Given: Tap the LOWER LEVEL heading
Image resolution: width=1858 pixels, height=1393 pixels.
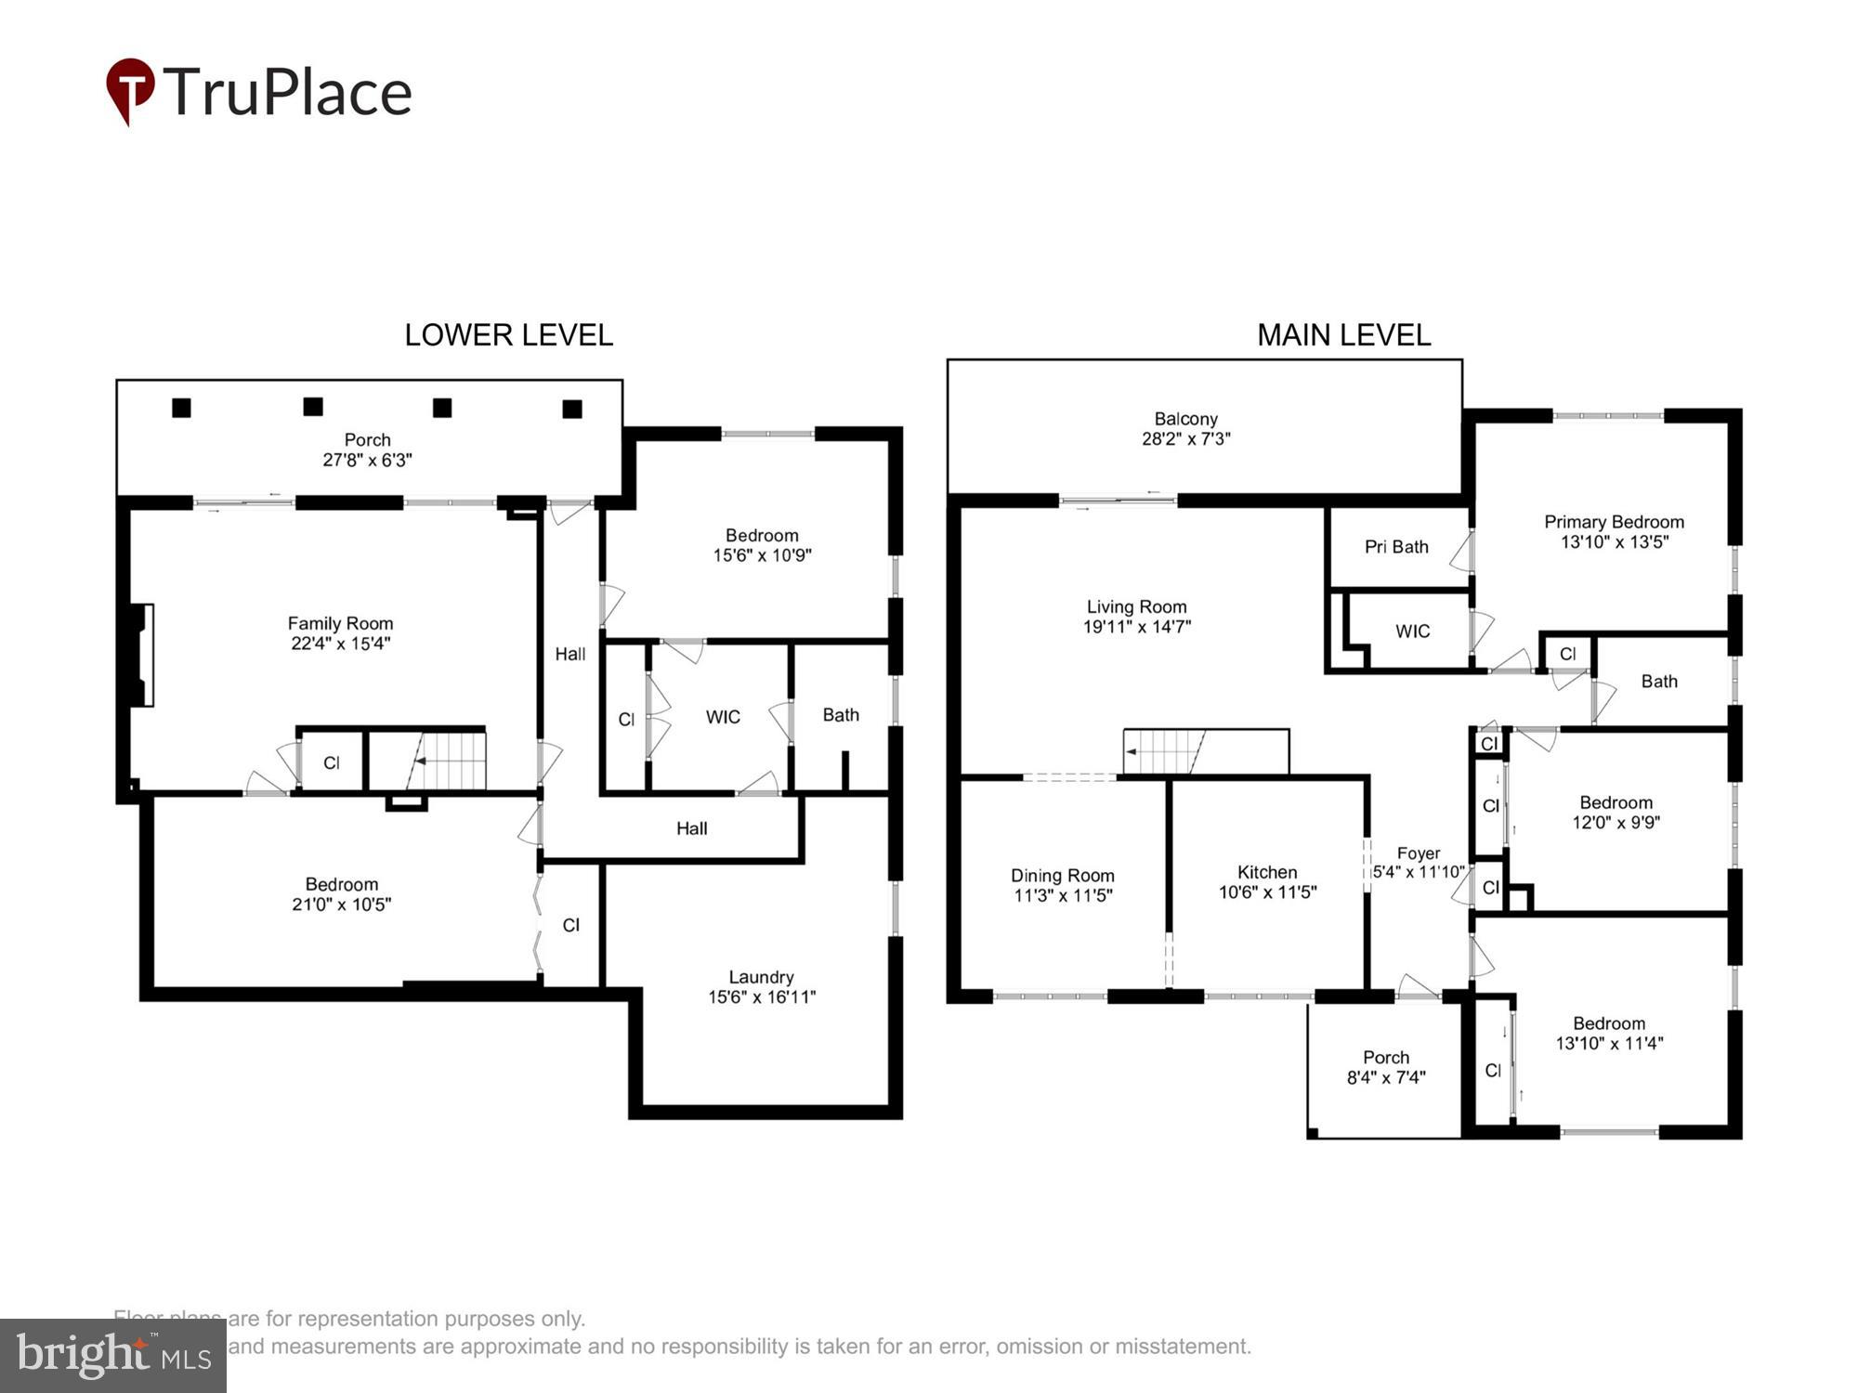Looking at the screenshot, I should pos(508,335).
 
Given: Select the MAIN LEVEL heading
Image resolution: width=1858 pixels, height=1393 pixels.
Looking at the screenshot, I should pos(1342,335).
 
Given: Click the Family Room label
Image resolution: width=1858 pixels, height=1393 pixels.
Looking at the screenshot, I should pos(340,623).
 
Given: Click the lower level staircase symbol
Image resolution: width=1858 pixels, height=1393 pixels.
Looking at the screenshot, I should pos(448,762).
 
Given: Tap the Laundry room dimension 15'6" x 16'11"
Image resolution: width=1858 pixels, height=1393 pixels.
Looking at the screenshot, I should pos(761,996).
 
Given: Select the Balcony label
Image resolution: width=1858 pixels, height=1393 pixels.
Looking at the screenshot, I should pos(1185,419).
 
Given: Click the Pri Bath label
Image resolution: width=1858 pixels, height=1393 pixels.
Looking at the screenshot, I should pos(1395,547).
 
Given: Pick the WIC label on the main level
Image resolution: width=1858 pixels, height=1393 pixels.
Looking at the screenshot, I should pos(1412,631).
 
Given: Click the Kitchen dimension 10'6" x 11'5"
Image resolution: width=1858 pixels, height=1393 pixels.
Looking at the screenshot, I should pos(1267,892).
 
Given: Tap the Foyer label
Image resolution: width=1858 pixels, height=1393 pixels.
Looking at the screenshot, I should pos(1419,853).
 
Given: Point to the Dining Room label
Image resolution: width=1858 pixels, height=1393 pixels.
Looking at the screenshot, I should pos(1062,876).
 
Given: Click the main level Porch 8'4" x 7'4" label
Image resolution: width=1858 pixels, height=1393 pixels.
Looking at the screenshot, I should pos(1385,1058).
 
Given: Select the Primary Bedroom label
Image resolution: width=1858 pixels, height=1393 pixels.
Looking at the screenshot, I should pos(1614,522).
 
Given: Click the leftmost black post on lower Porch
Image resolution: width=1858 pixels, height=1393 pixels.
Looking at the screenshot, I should pos(182,408).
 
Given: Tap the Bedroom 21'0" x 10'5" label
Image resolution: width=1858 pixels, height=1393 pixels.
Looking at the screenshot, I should pos(341,884).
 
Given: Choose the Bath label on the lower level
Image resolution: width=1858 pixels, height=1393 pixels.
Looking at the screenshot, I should pos(840,715).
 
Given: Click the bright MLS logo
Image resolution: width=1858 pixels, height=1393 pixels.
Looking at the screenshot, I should pos(113,1356).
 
